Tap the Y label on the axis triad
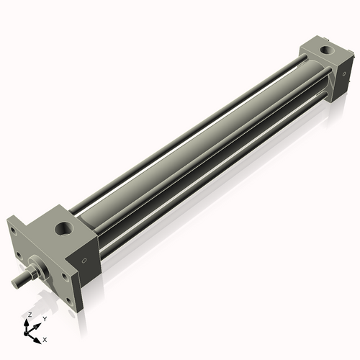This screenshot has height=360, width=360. (44, 319)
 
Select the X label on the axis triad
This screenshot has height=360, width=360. (45, 338)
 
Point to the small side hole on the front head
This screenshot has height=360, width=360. (84, 260)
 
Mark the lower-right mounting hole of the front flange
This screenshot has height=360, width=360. (70, 301)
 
